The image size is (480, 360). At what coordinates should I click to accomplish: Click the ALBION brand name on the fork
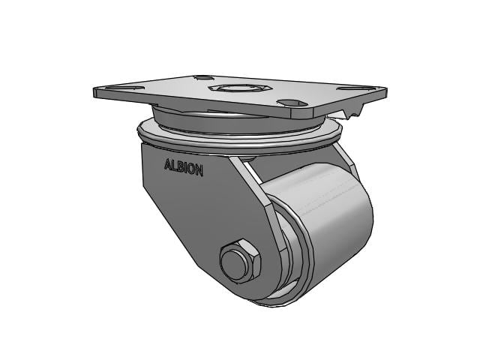click(183, 166)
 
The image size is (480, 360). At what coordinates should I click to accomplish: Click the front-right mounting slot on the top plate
click(292, 103)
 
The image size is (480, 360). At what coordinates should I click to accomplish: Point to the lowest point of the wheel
click(285, 304)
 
